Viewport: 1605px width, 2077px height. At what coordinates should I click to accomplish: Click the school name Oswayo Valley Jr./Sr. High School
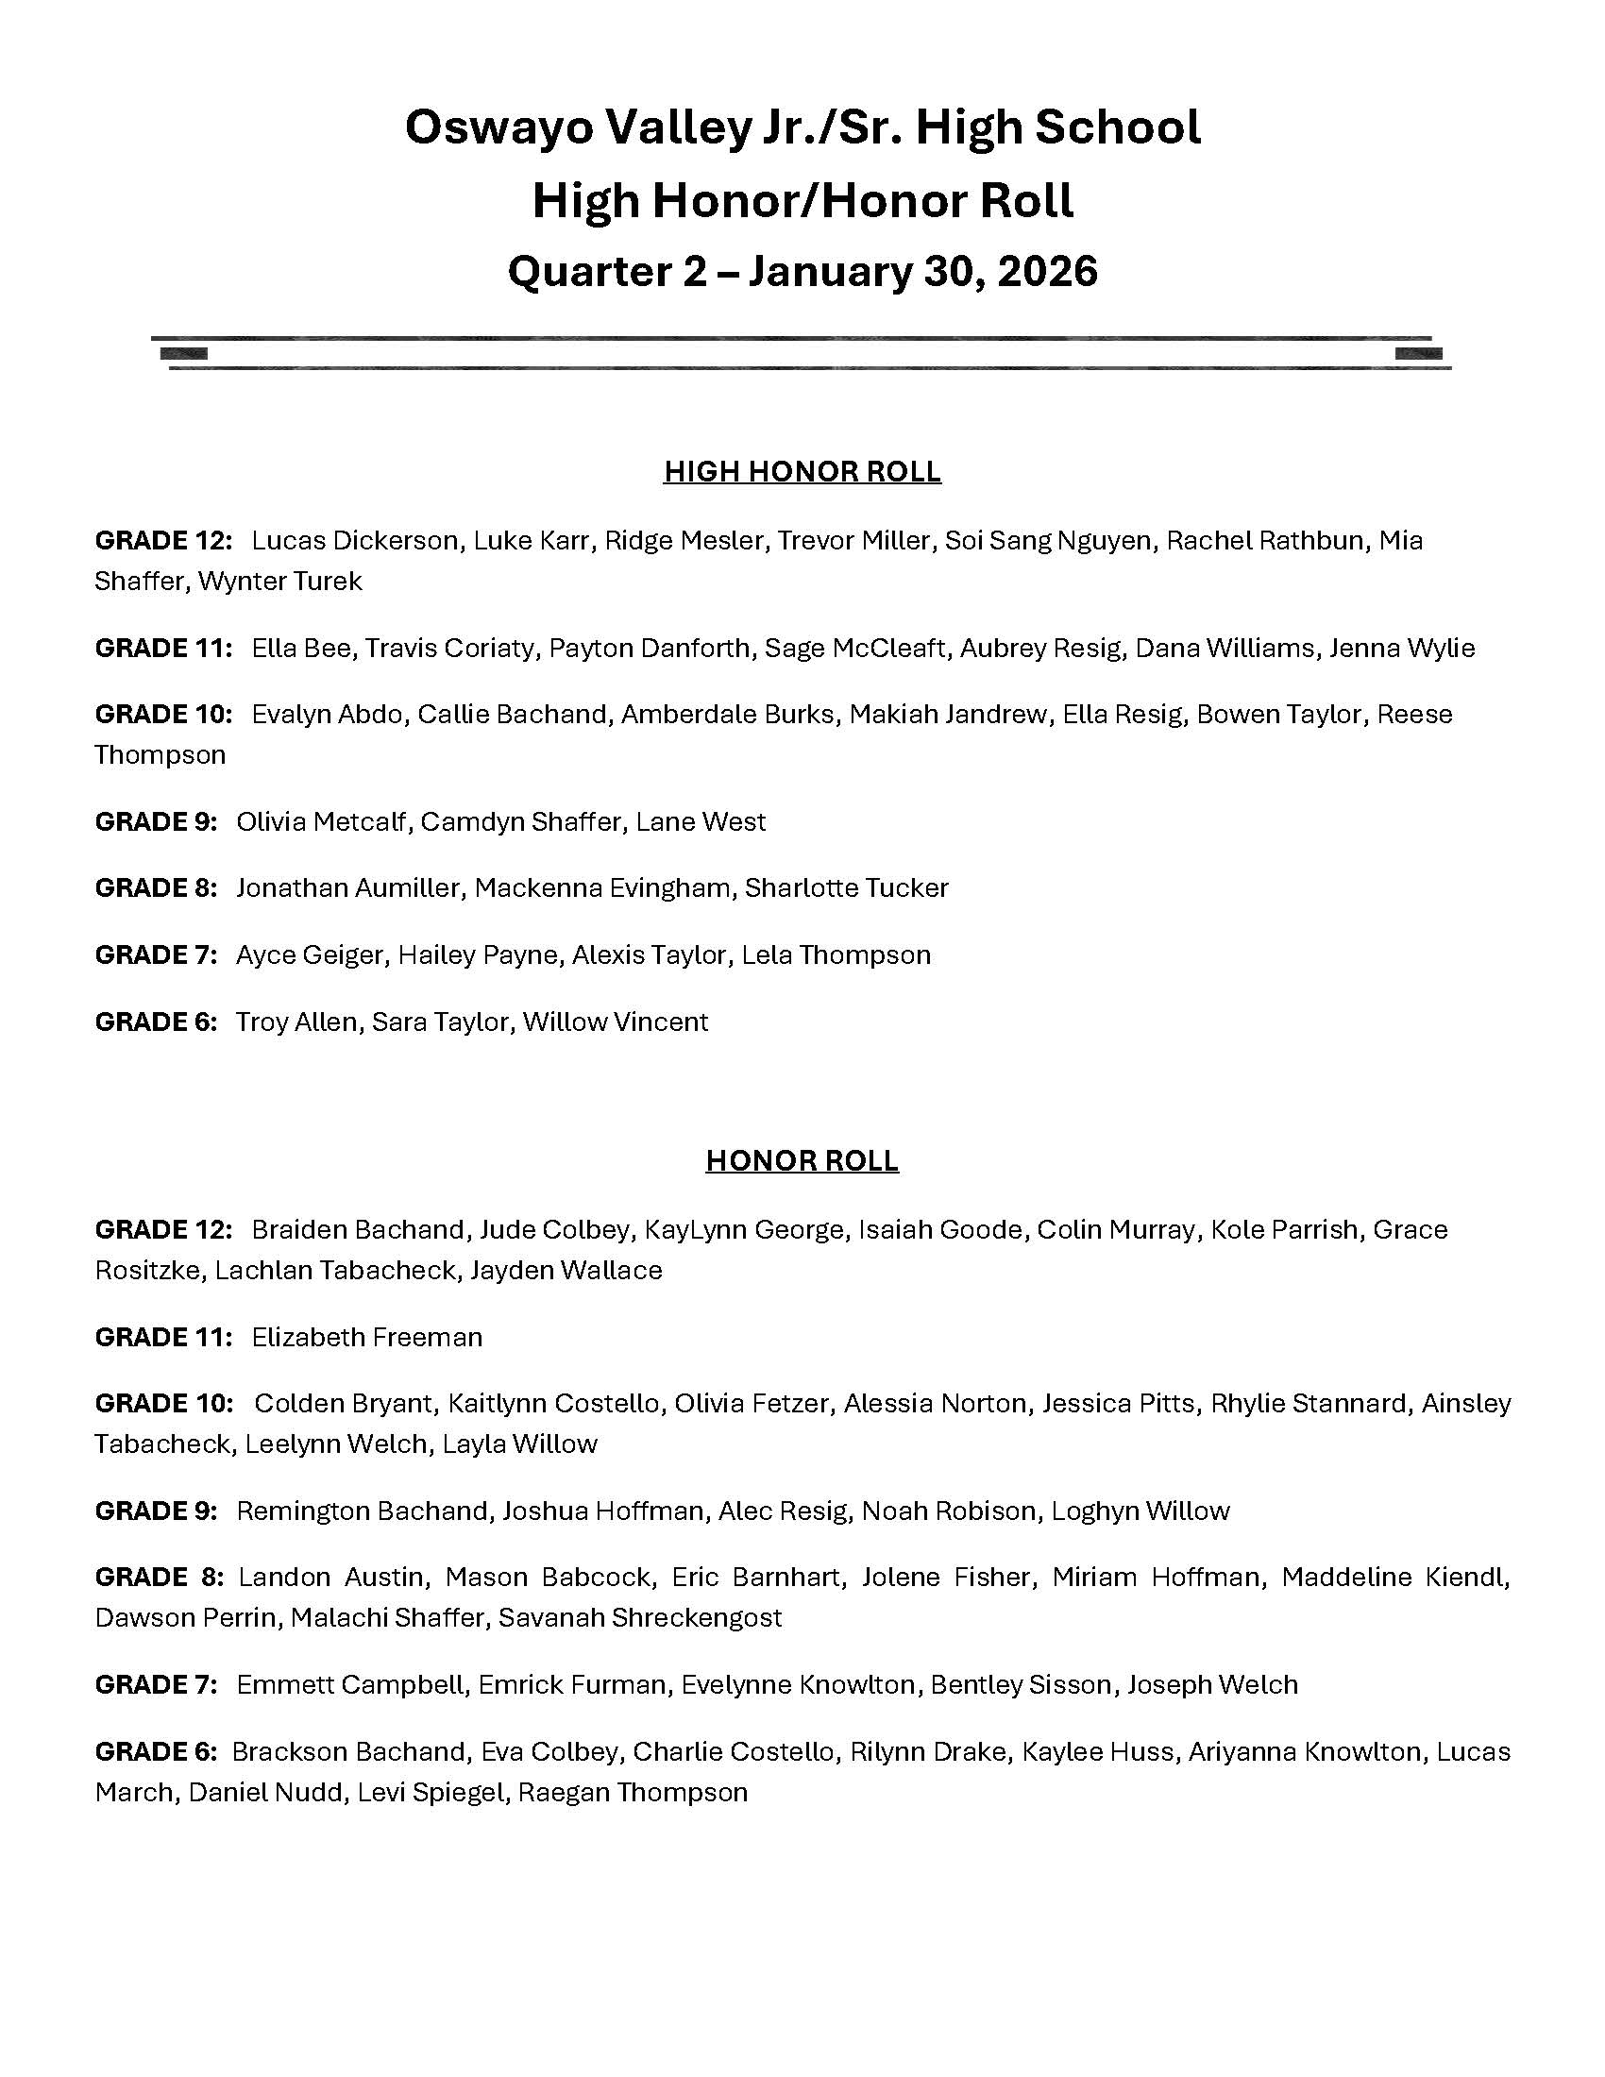[x=802, y=127]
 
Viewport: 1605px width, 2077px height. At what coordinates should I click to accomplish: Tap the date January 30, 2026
[x=922, y=271]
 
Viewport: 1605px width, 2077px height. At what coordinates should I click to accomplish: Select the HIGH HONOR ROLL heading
[x=802, y=472]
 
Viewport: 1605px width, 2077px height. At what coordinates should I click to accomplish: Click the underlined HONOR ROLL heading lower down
[x=802, y=1160]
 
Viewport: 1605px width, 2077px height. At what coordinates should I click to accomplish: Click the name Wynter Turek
[x=279, y=581]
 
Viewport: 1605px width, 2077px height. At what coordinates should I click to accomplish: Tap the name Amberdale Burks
[x=727, y=715]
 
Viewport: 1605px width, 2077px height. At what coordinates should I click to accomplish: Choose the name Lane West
[x=701, y=821]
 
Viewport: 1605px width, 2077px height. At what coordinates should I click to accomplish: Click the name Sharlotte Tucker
[x=846, y=888]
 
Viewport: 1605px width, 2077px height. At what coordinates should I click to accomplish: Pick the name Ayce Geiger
[x=309, y=954]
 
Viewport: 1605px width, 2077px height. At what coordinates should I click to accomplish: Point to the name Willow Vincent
[x=616, y=1022]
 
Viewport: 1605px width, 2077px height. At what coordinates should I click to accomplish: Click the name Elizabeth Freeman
[x=367, y=1337]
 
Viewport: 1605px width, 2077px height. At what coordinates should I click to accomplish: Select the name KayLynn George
[x=744, y=1229]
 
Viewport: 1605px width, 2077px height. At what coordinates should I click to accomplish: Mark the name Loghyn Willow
[x=1140, y=1511]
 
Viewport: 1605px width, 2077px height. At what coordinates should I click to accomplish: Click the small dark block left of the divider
[x=183, y=354]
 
